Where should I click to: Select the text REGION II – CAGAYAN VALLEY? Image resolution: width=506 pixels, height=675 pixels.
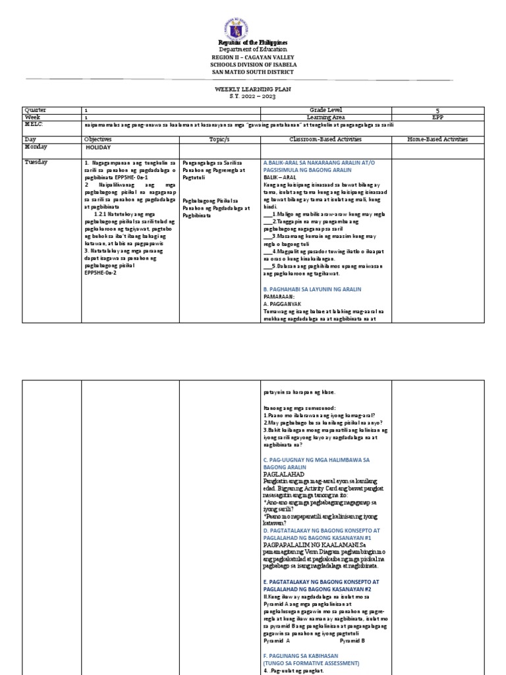coord(253,57)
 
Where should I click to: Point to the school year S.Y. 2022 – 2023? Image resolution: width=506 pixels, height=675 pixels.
coord(253,96)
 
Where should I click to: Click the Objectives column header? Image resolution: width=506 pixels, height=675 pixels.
coord(98,140)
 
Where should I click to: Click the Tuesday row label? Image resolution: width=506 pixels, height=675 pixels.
coord(37,161)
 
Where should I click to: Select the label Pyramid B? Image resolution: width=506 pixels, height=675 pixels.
coord(354,640)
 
